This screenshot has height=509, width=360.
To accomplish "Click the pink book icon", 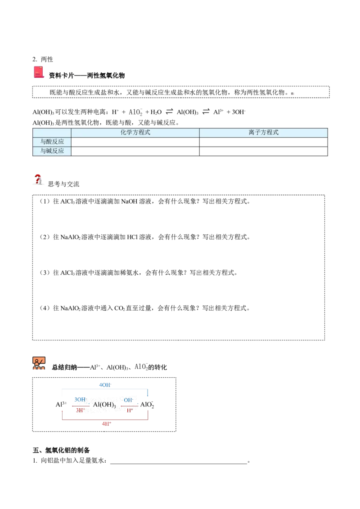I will [x=39, y=72].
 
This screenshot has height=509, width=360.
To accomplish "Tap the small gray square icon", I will [x=292, y=94].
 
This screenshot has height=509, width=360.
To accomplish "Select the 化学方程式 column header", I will [x=135, y=133].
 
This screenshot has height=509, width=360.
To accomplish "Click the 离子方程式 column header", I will [x=263, y=133].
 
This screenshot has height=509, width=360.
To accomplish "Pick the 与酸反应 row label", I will [x=52, y=142].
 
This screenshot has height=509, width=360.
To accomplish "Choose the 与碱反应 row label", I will [x=52, y=151].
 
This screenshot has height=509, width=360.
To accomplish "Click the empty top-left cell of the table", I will [x=52, y=133].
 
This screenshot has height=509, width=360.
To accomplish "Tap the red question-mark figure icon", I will [x=38, y=180].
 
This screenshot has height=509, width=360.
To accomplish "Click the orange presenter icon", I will [x=39, y=363].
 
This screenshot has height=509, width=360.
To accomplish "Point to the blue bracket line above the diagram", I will [x=106, y=390].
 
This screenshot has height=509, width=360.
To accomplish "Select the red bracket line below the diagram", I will [x=106, y=420].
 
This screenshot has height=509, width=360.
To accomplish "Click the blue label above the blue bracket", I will [x=104, y=384].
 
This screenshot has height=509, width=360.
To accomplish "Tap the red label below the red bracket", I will [x=106, y=424].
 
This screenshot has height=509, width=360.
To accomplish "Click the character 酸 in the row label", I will [x=49, y=142].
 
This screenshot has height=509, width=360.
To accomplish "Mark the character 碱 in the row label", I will [x=49, y=151].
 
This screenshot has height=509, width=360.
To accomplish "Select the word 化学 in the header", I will [x=126, y=133].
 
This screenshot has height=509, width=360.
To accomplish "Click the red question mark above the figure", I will [x=38, y=176].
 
